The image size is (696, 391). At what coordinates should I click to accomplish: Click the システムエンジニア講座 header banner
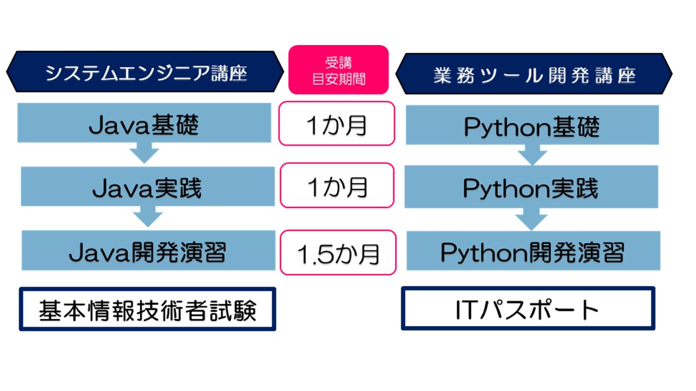coord(145,72)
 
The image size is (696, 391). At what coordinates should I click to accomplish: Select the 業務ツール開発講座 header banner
coord(534,73)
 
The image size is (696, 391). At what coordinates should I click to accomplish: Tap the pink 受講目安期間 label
coord(338,70)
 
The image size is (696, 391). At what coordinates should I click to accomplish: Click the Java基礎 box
coord(144,123)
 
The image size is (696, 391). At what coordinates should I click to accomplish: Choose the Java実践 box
coord(148,186)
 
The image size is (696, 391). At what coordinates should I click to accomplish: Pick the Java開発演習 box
coord(148,250)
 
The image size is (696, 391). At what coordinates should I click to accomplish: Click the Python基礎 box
coord(532,125)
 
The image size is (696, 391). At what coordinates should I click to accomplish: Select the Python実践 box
coord(531,187)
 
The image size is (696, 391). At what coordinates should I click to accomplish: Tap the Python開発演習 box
coord(533,251)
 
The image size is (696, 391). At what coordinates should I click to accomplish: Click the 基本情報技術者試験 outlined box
coord(147,309)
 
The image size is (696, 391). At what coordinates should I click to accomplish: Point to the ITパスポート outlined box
coord(528,308)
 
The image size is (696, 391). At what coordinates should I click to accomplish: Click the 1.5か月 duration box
coord(338,253)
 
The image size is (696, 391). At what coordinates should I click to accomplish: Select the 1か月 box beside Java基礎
coord(337,123)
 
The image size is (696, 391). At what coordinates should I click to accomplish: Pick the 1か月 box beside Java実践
coord(337,186)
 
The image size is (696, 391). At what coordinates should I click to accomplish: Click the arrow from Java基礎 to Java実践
coord(144,153)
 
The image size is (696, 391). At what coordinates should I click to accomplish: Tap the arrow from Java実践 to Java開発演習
coord(148,217)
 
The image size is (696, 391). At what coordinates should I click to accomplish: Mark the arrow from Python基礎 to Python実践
coord(532,155)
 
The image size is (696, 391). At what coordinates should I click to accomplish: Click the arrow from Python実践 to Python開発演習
coord(531,219)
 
